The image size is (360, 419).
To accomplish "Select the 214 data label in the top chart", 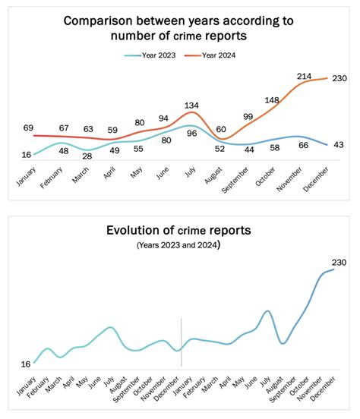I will pyautogui.click(x=305, y=77).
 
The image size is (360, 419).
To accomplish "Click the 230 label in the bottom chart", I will pyautogui.click(x=338, y=263).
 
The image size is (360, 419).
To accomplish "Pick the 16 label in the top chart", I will pyautogui.click(x=27, y=155).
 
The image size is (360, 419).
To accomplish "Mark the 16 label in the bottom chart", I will pyautogui.click(x=25, y=364).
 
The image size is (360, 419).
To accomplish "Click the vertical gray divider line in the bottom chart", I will pyautogui.click(x=181, y=342).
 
